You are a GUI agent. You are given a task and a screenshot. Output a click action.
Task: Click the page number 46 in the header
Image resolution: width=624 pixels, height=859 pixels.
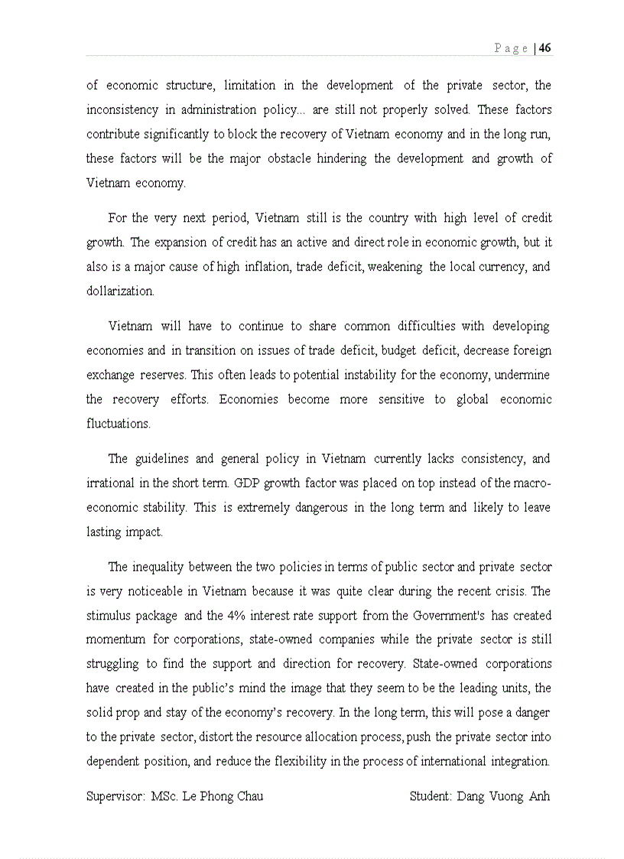(545, 47)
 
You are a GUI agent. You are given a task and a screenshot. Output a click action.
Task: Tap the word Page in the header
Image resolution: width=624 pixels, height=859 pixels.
(511, 48)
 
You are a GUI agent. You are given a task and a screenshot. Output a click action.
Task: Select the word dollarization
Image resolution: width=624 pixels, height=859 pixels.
(121, 291)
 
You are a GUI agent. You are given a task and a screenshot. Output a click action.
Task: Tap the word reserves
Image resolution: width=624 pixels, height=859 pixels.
(164, 376)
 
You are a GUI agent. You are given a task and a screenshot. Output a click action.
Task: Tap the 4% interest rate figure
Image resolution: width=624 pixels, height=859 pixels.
(216, 616)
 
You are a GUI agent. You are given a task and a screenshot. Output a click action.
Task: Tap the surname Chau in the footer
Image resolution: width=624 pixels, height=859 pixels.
(247, 796)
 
